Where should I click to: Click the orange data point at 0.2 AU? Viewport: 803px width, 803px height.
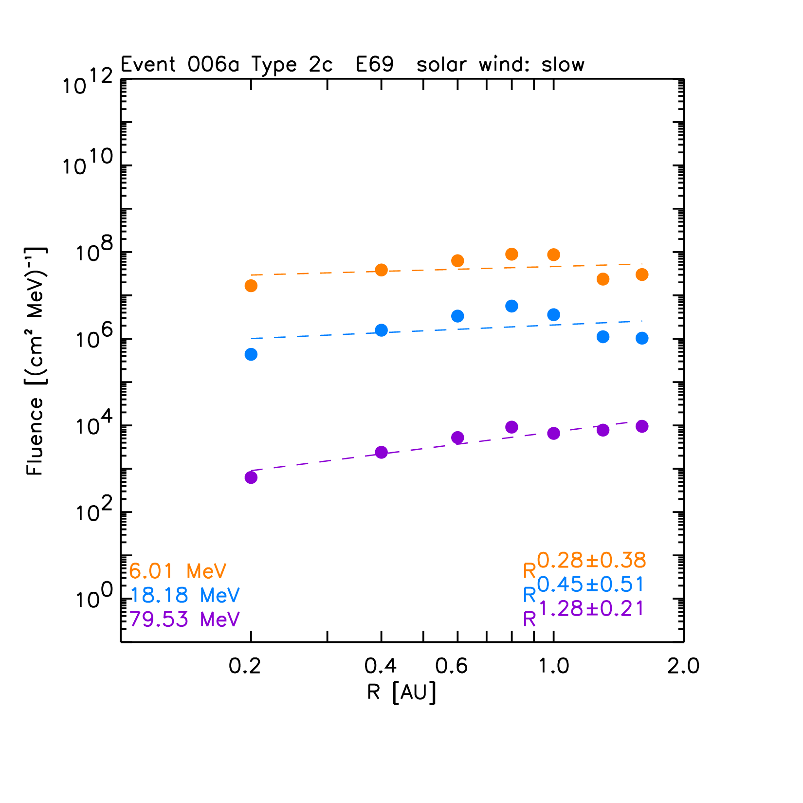251,286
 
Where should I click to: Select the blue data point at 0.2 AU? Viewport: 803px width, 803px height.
251,354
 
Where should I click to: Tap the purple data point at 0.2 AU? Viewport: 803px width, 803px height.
251,477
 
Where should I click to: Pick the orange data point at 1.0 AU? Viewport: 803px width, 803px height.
553,255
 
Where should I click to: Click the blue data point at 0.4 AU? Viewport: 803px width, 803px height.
382,330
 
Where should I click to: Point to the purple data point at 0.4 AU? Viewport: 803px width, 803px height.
382,452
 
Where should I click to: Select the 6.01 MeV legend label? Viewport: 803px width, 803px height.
178,571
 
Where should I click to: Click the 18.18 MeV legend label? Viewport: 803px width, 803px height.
185,595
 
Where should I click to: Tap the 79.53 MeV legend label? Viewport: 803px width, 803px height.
185,619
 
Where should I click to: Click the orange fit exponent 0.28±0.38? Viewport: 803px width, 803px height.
591,561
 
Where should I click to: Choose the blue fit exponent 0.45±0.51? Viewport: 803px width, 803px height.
591,584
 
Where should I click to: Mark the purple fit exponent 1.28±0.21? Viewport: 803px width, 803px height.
592,609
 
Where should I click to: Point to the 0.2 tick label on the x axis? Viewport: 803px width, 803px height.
245,666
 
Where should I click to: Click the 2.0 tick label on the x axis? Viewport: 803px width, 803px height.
683,666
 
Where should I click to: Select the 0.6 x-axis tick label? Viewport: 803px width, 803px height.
452,666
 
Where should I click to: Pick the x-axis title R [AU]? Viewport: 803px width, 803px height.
401,692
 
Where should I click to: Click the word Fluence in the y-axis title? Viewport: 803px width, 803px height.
35,436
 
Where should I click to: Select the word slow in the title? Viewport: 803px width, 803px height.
563,65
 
